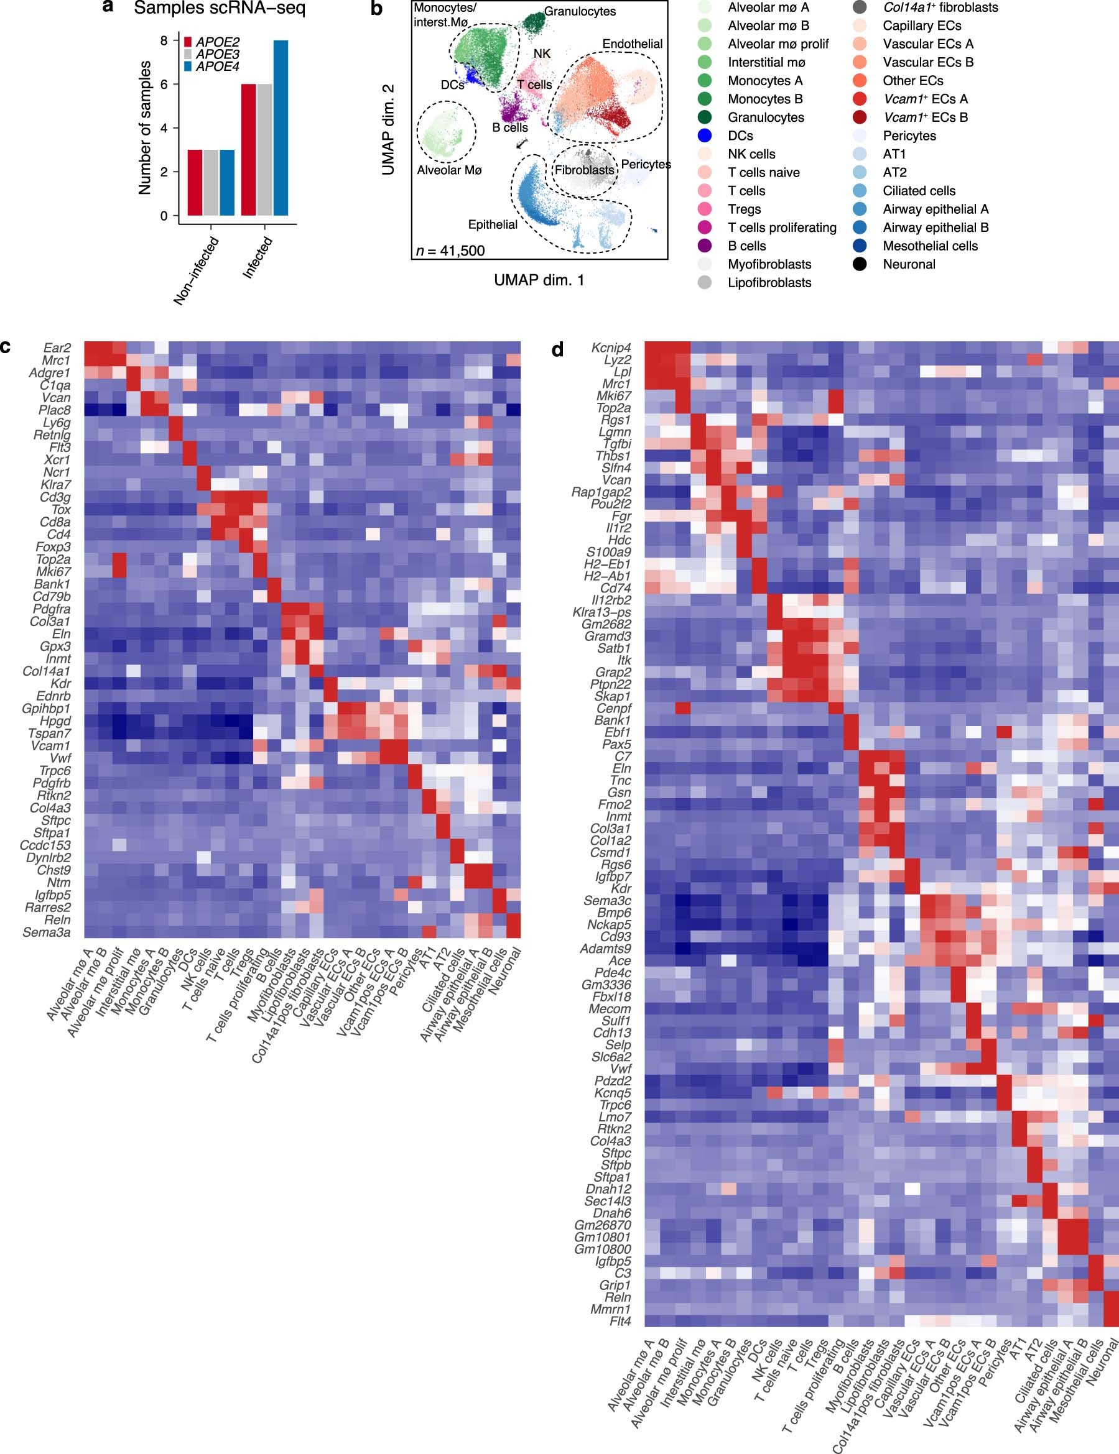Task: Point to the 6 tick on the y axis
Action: click(164, 84)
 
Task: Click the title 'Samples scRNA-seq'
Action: click(219, 9)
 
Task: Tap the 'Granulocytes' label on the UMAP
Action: click(580, 11)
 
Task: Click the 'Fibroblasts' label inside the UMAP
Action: click(584, 170)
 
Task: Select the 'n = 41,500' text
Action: click(450, 251)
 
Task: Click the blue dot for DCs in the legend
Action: click(704, 136)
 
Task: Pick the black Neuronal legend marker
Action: click(859, 264)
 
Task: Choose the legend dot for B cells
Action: click(704, 246)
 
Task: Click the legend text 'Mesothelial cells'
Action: click(930, 246)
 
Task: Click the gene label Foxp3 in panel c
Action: click(54, 547)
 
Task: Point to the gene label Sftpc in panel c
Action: click(54, 820)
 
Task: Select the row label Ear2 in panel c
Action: click(57, 348)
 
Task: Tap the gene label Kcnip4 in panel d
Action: click(611, 348)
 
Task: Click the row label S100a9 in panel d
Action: click(609, 552)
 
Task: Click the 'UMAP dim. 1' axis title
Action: click(539, 280)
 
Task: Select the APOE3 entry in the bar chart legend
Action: click(217, 55)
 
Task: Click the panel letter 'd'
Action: click(557, 349)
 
